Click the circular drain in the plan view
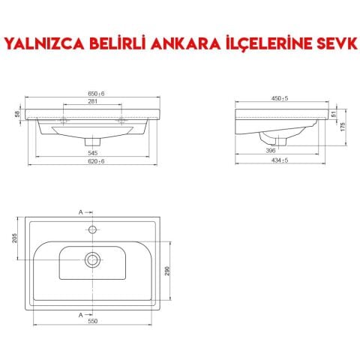click(92, 259)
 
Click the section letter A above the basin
click(80, 211)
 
